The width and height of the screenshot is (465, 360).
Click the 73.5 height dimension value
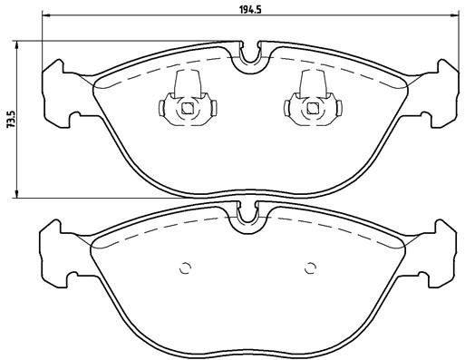tap(11, 119)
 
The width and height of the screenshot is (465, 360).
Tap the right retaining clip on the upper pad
tap(311, 103)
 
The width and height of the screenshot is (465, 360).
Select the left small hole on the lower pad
tap(186, 267)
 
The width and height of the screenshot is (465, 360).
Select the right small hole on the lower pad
tap(311, 267)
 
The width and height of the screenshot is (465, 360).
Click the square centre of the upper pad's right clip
tap(311, 109)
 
